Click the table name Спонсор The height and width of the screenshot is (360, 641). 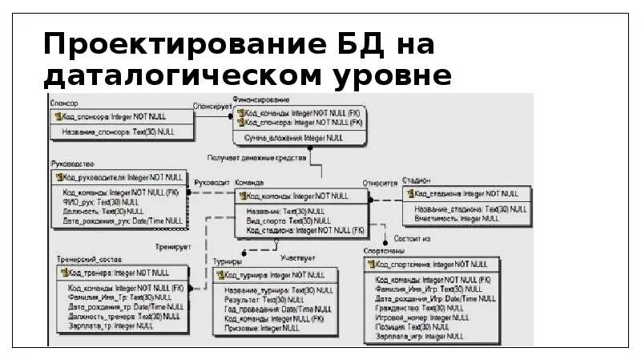click(x=65, y=103)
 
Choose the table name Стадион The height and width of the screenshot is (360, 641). click(x=417, y=181)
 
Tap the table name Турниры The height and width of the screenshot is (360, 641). click(x=228, y=261)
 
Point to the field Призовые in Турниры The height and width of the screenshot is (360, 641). click(x=241, y=327)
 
